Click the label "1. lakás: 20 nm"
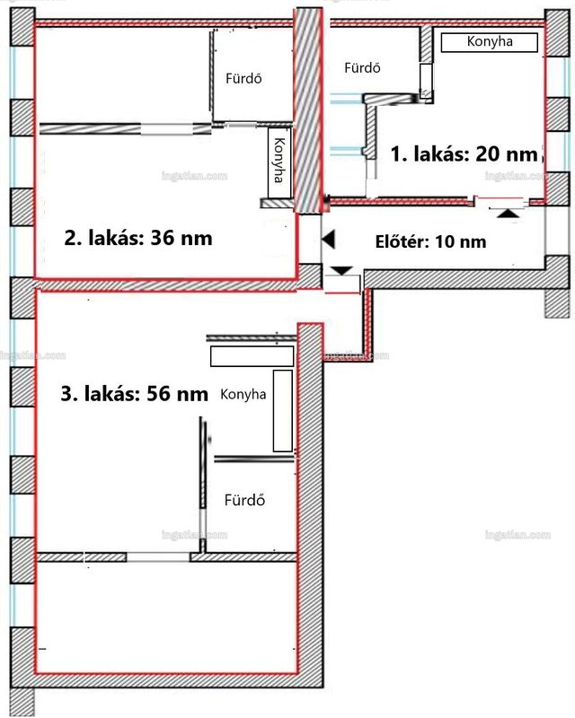[x=464, y=153]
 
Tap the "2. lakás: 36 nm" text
[x=138, y=238]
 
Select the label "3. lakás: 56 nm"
[x=135, y=394]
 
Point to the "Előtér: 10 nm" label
[x=430, y=241]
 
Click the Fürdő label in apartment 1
[x=362, y=68]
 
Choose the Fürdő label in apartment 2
[x=243, y=78]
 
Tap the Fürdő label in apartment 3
[x=244, y=500]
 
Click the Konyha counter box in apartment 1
[x=490, y=42]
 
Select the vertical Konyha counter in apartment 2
[x=279, y=162]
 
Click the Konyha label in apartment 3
[x=243, y=394]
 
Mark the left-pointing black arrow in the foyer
[x=329, y=240]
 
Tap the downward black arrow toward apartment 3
[x=341, y=271]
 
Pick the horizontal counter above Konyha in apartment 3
[x=252, y=356]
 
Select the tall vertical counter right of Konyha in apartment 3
[x=283, y=411]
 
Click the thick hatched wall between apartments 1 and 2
[x=307, y=110]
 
